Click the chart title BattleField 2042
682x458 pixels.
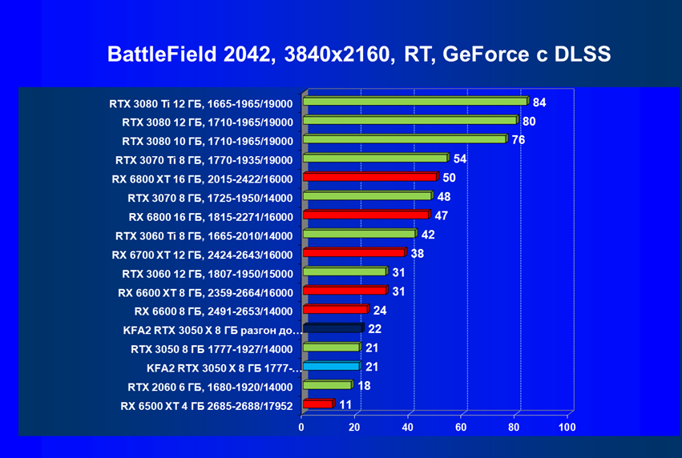click(359, 54)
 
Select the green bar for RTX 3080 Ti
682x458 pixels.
click(414, 102)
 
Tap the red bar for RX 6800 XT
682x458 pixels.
click(369, 177)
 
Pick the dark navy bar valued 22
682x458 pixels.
click(333, 328)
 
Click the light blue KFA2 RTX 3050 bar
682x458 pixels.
click(330, 366)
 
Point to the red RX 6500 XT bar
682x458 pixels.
click(317, 404)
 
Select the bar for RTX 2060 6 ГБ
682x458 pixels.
click(326, 385)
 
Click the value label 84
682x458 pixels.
click(539, 102)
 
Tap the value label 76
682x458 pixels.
click(519, 139)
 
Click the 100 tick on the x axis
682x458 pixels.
click(567, 428)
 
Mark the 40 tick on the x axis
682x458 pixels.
click(408, 428)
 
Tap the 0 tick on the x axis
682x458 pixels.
click(301, 428)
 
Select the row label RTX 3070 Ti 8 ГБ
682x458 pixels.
click(204, 159)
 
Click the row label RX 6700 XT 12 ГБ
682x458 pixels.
click(203, 255)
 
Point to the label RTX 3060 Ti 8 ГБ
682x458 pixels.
click(204, 235)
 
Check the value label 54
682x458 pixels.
click(460, 159)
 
